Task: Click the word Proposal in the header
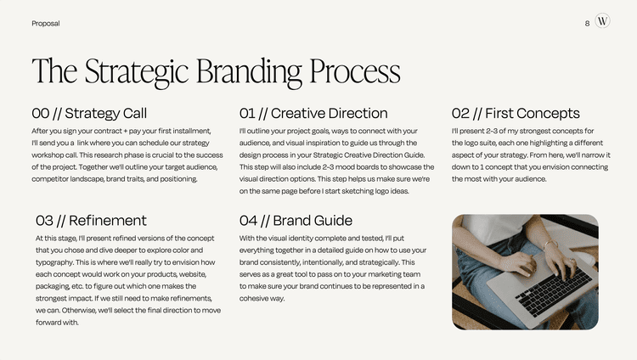point(45,23)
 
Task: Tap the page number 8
point(587,23)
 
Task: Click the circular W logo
point(602,22)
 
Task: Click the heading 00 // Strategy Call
point(89,113)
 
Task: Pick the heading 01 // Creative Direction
point(313,113)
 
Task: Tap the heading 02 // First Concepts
point(516,113)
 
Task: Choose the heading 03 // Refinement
point(91,221)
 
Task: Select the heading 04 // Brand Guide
point(296,221)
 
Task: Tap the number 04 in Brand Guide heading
point(249,221)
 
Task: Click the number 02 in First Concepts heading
point(460,113)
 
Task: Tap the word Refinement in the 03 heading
point(107,221)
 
